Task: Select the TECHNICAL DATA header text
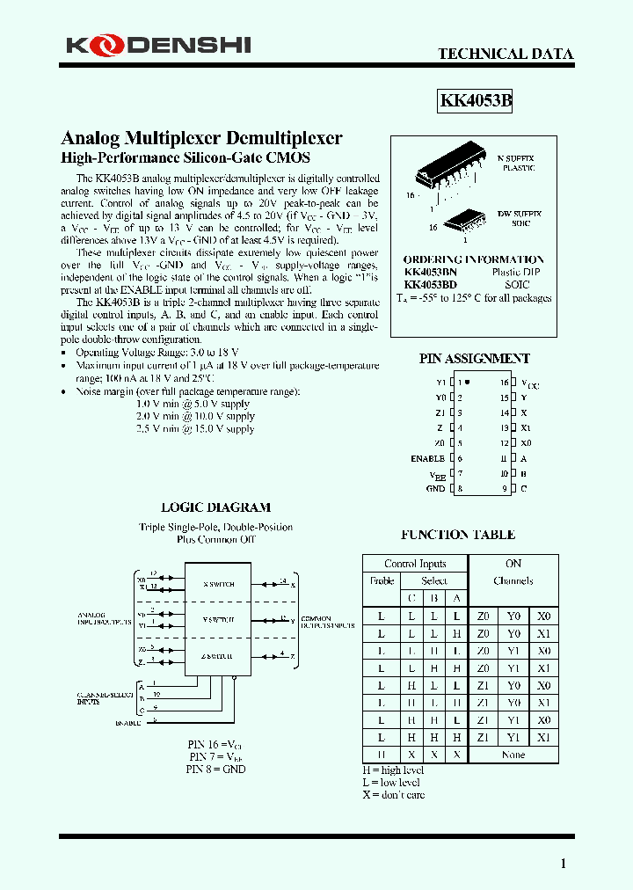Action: click(506, 54)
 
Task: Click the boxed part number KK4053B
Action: click(475, 101)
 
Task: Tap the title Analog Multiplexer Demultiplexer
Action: click(201, 138)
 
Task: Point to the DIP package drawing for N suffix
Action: click(436, 173)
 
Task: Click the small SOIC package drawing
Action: click(465, 221)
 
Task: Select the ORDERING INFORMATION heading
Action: click(473, 259)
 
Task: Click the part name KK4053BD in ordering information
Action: click(431, 285)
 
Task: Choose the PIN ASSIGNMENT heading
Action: click(474, 359)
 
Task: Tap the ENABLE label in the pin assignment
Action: click(427, 458)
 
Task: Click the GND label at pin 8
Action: click(436, 488)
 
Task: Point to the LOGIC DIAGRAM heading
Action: click(215, 507)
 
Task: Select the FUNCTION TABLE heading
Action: click(458, 535)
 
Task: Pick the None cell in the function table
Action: click(513, 755)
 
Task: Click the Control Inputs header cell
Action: click(415, 564)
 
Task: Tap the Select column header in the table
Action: click(433, 581)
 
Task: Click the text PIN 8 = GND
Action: click(215, 769)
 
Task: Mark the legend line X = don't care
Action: click(393, 795)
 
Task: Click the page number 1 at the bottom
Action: click(564, 864)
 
